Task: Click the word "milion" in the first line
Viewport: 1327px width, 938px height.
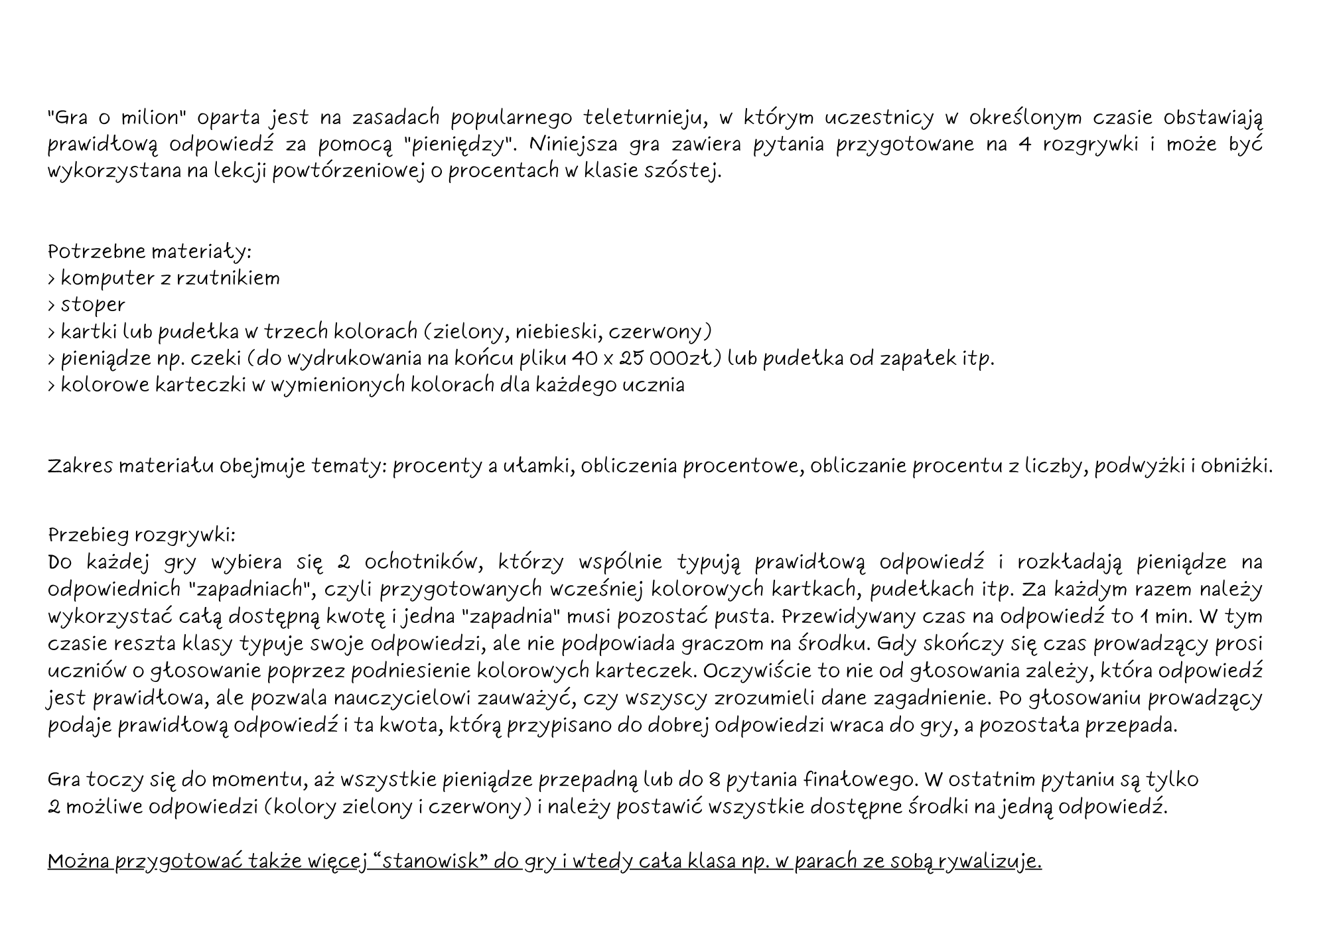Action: (151, 118)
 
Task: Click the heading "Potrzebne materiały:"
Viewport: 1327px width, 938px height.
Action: (150, 252)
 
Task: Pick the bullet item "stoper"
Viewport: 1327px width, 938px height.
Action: (93, 305)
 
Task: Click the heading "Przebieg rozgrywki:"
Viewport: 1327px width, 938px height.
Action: (142, 535)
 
